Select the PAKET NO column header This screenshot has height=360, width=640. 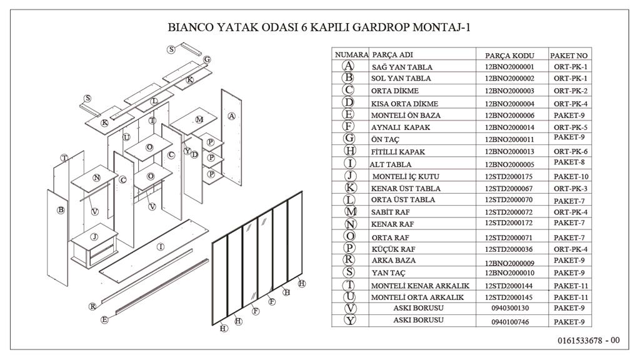coord(569,55)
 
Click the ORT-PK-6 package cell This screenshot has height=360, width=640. coord(571,152)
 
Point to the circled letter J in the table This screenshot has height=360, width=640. coord(350,176)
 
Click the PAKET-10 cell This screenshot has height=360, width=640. coord(571,177)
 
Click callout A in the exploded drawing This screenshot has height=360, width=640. coord(232,116)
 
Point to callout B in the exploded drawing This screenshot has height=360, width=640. coord(61,210)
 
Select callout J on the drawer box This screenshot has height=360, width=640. coord(94,237)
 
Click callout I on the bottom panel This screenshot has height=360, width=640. coord(161,247)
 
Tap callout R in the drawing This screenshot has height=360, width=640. coord(92,306)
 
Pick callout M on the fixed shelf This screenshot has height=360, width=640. coord(199,119)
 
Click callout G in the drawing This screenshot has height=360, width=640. coord(207,59)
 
